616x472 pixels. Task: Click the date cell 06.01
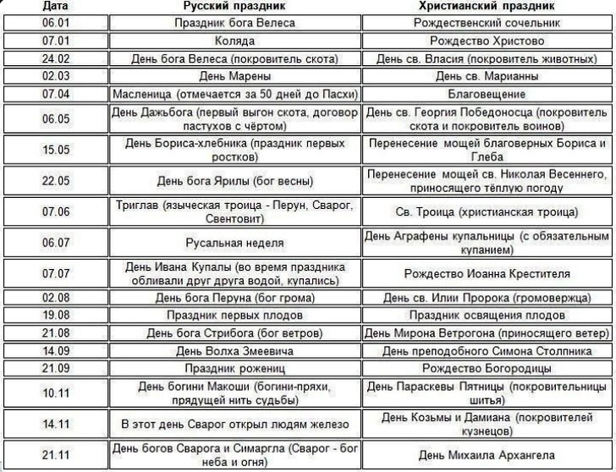click(55, 23)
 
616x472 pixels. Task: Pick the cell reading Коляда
click(235, 41)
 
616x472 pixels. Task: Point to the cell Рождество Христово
click(487, 41)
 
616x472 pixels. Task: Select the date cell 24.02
click(55, 59)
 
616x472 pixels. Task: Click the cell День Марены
click(235, 76)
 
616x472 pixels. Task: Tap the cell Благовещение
click(487, 93)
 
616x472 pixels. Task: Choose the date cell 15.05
click(55, 150)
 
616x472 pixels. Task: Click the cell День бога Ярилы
click(235, 181)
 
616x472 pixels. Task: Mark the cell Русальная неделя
click(235, 243)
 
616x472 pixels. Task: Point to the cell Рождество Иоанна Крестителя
click(487, 274)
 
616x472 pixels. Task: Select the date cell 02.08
click(55, 298)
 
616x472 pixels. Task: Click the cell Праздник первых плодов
click(235, 315)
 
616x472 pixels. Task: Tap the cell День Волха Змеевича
click(235, 350)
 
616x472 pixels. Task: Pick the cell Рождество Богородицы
click(487, 368)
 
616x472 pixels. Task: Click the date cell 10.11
click(55, 392)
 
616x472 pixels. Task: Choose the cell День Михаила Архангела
click(487, 454)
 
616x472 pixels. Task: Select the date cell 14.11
click(55, 423)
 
